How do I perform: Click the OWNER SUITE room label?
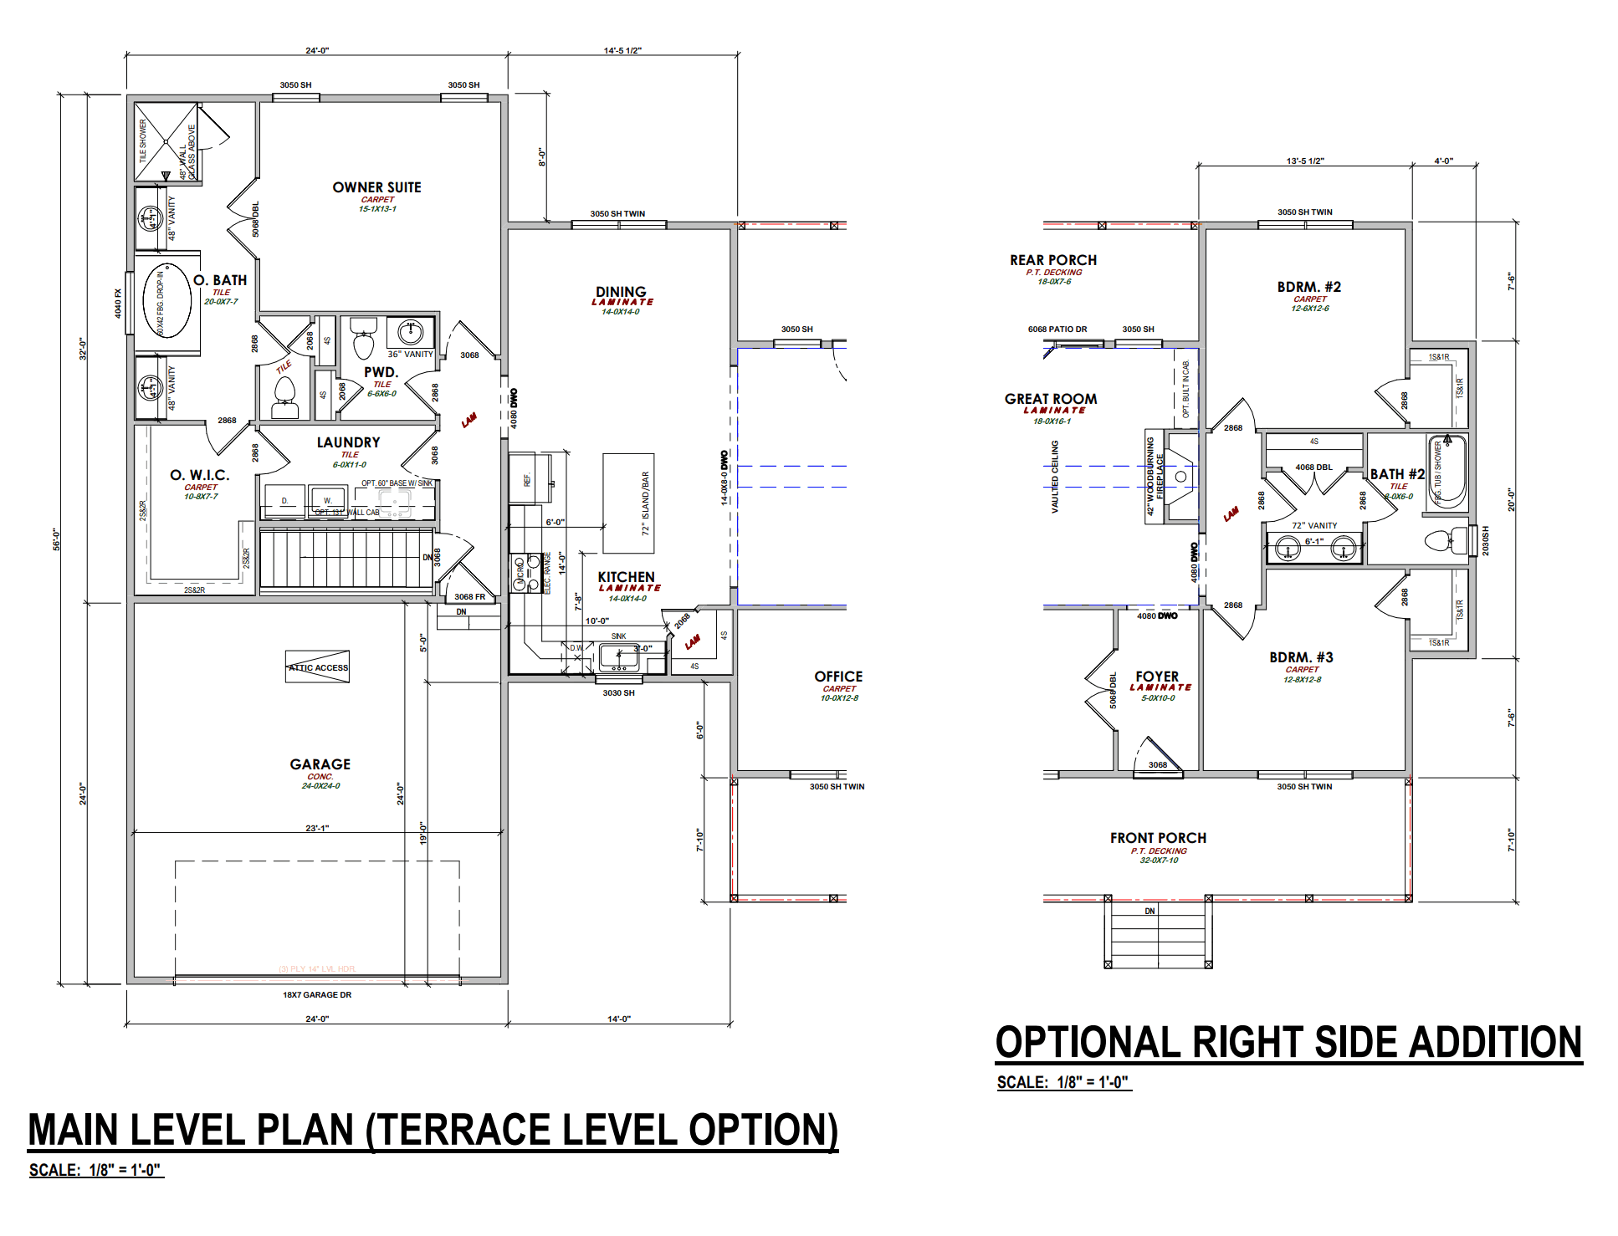(x=376, y=187)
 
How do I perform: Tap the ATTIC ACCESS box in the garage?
(x=318, y=667)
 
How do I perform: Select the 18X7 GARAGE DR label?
(x=317, y=994)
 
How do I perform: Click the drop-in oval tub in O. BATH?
(x=166, y=299)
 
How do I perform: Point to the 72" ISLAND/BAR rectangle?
(x=629, y=503)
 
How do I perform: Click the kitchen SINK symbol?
(x=619, y=657)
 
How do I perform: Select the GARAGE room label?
(x=320, y=764)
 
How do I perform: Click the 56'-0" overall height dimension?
(x=57, y=539)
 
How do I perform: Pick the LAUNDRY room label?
(x=348, y=442)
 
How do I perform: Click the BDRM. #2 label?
(x=1308, y=287)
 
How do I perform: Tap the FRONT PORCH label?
(x=1158, y=838)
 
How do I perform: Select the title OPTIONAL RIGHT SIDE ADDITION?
(x=1288, y=1043)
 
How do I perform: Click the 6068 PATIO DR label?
(x=1057, y=329)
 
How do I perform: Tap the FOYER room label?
(x=1157, y=676)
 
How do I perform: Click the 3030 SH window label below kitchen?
(x=618, y=692)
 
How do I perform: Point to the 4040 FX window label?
(x=118, y=303)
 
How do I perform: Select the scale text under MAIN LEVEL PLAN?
(x=95, y=1170)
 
